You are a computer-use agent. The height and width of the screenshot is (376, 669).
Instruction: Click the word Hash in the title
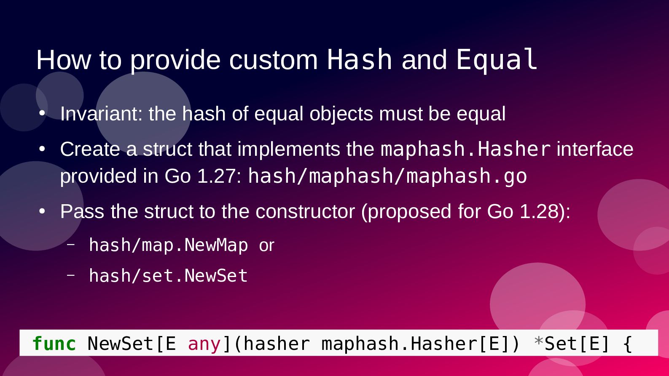[359, 59]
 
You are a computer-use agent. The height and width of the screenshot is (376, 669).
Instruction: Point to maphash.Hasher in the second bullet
[466, 149]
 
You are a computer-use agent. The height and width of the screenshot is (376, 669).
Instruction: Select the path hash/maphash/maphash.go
[388, 176]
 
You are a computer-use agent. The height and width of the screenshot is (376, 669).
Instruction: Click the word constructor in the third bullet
[305, 211]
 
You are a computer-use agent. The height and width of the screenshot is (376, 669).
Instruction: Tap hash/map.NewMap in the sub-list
[169, 245]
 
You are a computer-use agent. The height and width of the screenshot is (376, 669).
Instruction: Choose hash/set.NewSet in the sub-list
[169, 275]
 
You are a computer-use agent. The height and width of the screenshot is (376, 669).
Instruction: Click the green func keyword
[54, 344]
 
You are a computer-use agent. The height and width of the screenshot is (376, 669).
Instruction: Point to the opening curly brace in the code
[628, 344]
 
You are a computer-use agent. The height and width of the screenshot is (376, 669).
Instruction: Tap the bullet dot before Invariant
[42, 113]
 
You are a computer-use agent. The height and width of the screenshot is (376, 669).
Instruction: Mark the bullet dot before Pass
[42, 211]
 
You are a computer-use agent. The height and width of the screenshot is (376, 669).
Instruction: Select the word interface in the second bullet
[595, 149]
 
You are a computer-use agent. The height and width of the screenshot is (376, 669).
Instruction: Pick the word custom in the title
[274, 60]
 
